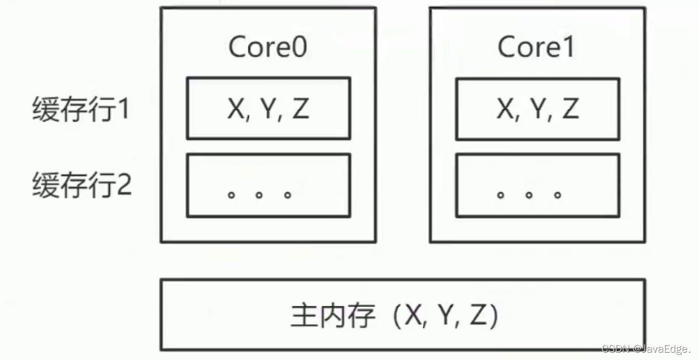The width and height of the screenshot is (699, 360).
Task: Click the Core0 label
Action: (267, 47)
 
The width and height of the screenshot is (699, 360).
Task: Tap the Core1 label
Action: (536, 47)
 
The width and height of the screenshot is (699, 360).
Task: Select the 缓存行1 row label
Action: (80, 109)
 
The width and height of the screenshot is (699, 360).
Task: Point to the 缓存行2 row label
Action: (82, 185)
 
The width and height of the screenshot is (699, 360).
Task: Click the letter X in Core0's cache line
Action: (237, 109)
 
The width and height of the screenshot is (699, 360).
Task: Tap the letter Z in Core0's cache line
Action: (300, 109)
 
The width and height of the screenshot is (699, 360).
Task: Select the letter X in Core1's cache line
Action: (506, 109)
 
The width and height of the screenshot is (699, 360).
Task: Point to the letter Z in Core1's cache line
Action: (569, 109)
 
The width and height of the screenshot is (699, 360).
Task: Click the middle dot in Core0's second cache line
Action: (259, 195)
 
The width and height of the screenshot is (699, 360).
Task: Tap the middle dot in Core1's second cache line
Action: (528, 195)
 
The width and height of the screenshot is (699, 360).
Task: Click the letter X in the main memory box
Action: (415, 316)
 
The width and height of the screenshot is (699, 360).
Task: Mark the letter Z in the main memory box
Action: (478, 316)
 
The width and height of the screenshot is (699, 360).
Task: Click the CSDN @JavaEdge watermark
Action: (646, 349)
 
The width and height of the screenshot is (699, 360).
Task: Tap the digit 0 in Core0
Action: (299, 47)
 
